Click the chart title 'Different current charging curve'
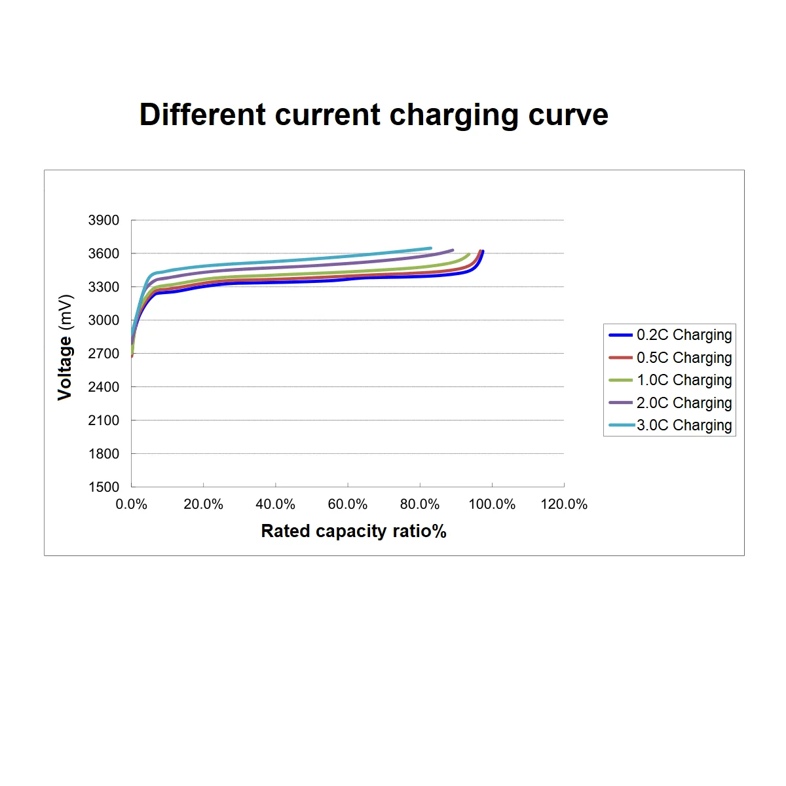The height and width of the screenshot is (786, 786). [x=374, y=115]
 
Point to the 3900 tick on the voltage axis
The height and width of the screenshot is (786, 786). [x=103, y=220]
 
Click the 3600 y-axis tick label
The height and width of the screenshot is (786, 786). [x=103, y=253]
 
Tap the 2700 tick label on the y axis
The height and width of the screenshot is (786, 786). [x=103, y=354]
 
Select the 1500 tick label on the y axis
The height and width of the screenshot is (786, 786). [x=103, y=487]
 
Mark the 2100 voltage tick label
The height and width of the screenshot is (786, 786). [x=103, y=421]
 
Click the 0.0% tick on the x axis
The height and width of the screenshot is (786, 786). [x=131, y=504]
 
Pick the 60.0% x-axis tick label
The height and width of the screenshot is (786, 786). [x=348, y=504]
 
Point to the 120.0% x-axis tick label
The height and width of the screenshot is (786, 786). [x=564, y=504]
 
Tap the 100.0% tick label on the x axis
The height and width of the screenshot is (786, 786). [x=492, y=504]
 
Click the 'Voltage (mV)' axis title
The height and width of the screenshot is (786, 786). [x=64, y=347]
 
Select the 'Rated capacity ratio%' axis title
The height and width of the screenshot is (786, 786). [x=354, y=531]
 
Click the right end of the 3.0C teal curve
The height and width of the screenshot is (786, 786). [x=431, y=248]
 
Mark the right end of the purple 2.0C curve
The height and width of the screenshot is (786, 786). [x=453, y=250]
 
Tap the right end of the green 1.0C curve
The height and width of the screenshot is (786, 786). [x=469, y=254]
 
